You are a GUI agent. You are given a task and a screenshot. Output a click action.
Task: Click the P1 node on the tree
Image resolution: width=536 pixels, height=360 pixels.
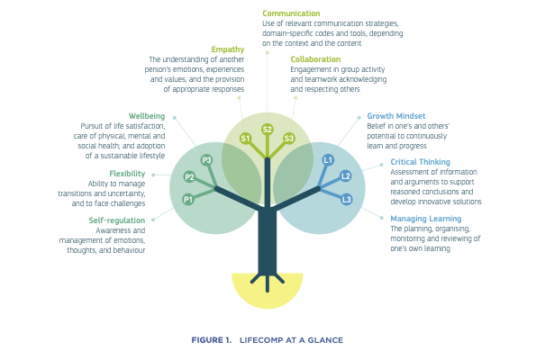(188, 199)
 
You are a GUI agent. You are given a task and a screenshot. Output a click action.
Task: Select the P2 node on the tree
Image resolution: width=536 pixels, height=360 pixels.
(189, 177)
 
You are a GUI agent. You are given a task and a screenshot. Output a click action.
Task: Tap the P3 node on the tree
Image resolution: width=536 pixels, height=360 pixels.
(206, 160)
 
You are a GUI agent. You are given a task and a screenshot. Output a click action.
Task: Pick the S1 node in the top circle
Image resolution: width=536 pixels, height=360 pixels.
(245, 138)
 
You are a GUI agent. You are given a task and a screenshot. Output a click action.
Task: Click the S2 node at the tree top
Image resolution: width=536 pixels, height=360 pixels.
(268, 130)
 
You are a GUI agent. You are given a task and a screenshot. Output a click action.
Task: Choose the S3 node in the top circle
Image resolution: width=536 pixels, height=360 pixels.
(288, 138)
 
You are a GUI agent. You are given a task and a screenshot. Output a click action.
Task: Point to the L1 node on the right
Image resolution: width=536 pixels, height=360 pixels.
(328, 159)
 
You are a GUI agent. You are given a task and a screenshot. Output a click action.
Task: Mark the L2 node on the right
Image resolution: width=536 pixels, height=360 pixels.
(345, 176)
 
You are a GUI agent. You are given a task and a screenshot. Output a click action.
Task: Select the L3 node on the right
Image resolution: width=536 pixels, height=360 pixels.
(347, 198)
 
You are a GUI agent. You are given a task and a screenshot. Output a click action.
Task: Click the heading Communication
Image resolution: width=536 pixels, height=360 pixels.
(291, 13)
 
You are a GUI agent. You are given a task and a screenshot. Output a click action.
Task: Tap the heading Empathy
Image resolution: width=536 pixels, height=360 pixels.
(227, 49)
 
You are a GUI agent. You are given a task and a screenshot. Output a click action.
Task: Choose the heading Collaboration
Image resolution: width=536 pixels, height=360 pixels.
(316, 59)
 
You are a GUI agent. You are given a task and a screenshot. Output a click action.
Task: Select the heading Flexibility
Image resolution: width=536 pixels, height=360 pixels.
(127, 173)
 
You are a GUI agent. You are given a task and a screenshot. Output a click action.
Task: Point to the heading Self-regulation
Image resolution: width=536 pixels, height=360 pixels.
(116, 220)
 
